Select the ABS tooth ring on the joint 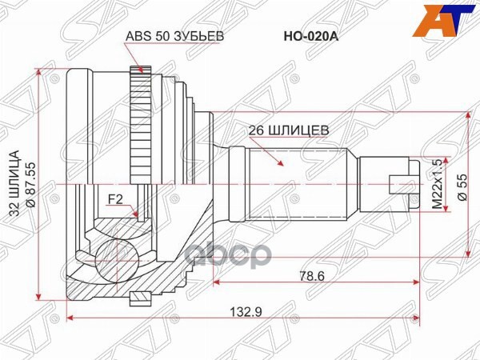(x=146, y=128)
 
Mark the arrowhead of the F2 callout (x=137, y=215)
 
